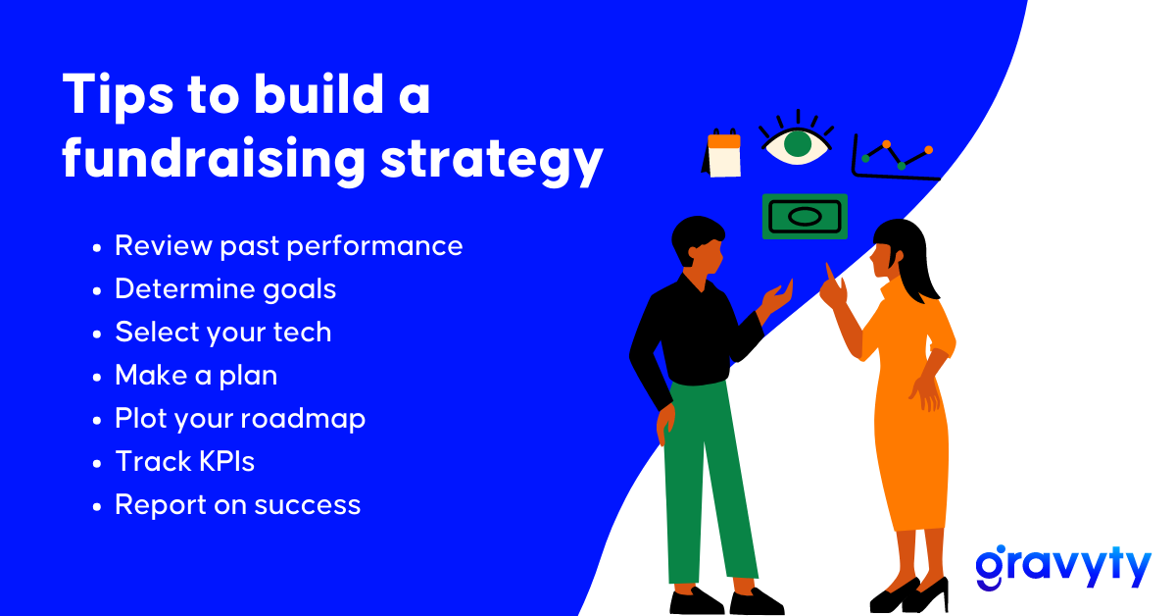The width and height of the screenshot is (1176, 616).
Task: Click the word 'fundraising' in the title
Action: click(214, 159)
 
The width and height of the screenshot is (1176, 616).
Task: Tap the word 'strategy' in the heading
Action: click(492, 161)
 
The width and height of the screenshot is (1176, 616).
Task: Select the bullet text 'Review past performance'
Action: click(289, 246)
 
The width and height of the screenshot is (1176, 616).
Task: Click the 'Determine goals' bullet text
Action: click(225, 289)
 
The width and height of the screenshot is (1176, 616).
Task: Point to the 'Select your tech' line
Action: click(223, 333)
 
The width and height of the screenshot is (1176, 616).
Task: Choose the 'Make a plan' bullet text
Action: click(196, 376)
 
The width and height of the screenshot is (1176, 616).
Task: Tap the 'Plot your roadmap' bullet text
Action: click(240, 419)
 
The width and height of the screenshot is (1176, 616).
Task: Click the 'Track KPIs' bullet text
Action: click(185, 461)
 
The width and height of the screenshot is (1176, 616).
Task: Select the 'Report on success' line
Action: click(238, 504)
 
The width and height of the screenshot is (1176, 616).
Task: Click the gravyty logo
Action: click(1063, 568)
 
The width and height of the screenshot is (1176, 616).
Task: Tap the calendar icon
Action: click(722, 152)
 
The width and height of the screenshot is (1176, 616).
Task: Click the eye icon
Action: click(797, 138)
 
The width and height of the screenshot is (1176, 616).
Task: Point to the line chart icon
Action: click(894, 158)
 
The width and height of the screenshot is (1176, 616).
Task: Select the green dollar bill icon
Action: click(805, 217)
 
